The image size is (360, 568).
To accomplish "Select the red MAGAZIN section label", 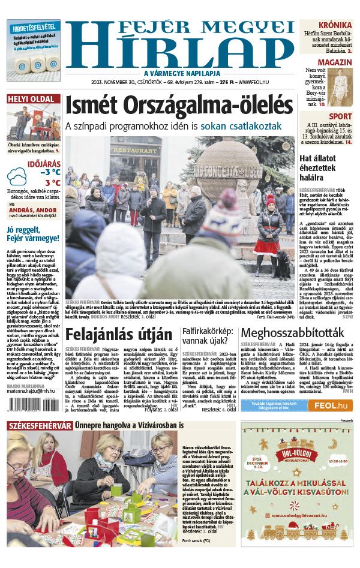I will pos(334,62).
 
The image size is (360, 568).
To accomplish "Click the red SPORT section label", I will pos(340,116).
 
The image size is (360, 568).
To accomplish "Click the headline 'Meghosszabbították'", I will pos(296,334).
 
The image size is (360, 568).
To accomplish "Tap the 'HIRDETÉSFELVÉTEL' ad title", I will pos(34,27).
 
